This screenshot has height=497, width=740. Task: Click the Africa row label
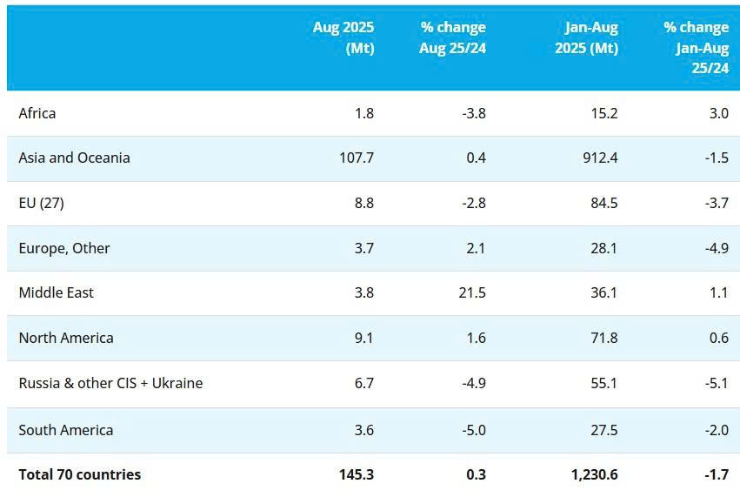pos(37,113)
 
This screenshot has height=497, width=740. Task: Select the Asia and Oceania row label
pos(74,158)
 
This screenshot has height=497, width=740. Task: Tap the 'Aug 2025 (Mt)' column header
pos(343,37)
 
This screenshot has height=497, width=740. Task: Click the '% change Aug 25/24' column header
pos(452,37)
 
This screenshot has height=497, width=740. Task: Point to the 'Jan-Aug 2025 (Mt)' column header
pos(586,37)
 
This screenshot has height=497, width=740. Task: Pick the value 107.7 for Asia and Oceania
pos(355,158)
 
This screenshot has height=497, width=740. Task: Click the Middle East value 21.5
pos(473,292)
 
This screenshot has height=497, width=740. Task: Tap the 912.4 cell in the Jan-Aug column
pos(600,158)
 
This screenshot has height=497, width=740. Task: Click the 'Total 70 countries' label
pos(79,474)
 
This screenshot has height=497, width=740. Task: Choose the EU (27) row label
pos(42,203)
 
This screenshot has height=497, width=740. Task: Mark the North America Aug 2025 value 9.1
pos(363,338)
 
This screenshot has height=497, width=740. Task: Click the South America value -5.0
pos(473,430)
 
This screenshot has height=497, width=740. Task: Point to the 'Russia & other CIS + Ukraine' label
pos(110,383)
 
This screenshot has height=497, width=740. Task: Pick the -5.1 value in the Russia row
pos(717,383)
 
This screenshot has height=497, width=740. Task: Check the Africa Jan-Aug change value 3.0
pos(719,113)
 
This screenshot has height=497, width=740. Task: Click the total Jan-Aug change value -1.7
pos(717,474)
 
